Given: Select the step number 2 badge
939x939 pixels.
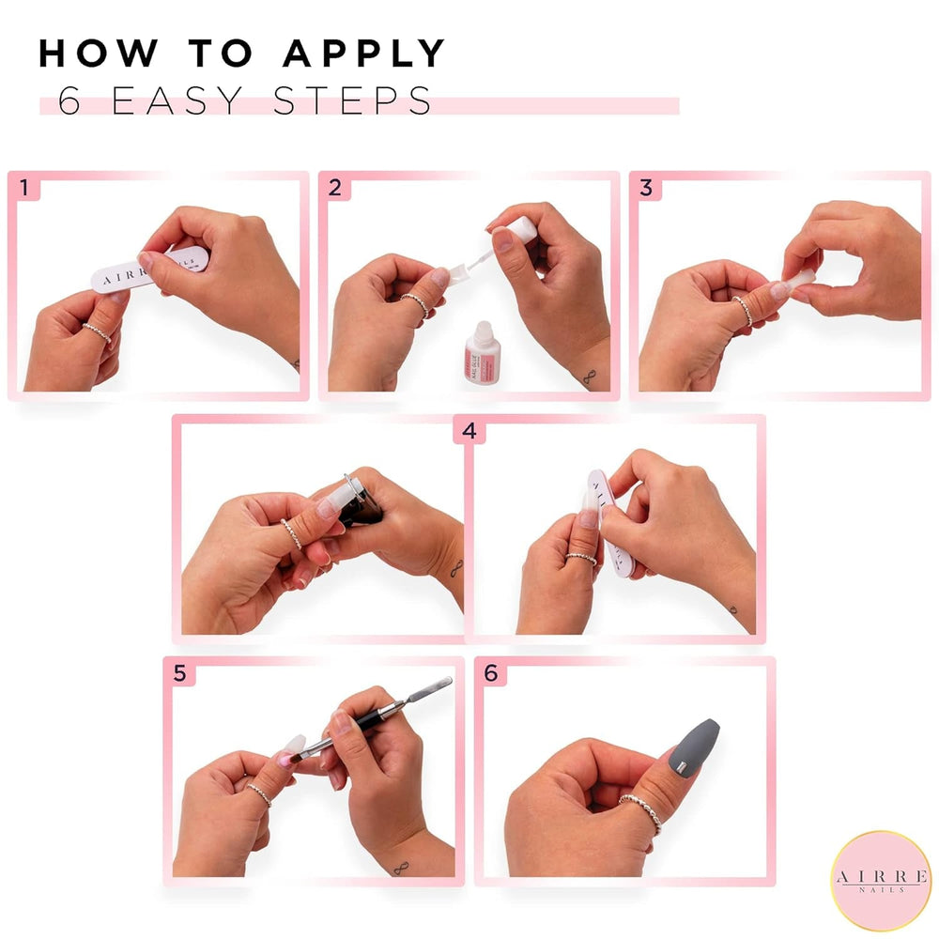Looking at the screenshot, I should pyautogui.click(x=335, y=188).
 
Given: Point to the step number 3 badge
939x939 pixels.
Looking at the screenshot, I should pyautogui.click(x=646, y=188).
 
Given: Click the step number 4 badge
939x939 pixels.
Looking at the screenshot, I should pyautogui.click(x=469, y=431).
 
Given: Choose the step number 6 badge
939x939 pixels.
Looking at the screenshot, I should pyautogui.click(x=490, y=672).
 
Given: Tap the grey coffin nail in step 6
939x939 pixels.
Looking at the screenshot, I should pyautogui.click(x=694, y=748).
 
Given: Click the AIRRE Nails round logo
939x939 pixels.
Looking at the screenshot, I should pyautogui.click(x=881, y=880).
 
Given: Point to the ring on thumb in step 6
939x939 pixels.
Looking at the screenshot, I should pyautogui.click(x=642, y=809).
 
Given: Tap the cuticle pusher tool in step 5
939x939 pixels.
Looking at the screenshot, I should pyautogui.click(x=376, y=719).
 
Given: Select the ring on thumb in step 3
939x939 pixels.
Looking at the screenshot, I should pyautogui.click(x=743, y=310).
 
